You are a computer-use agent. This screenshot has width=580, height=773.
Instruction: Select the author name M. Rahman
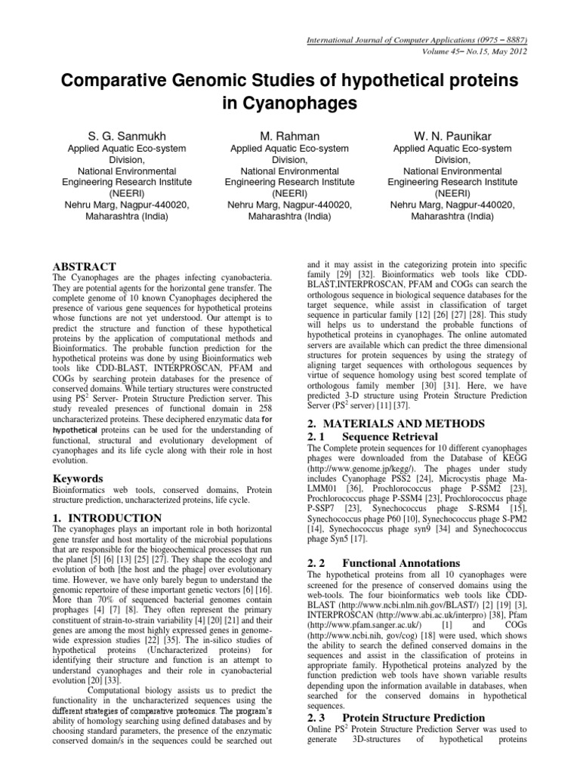click(x=290, y=135)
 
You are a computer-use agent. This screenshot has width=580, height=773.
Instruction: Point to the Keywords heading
click(x=77, y=478)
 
